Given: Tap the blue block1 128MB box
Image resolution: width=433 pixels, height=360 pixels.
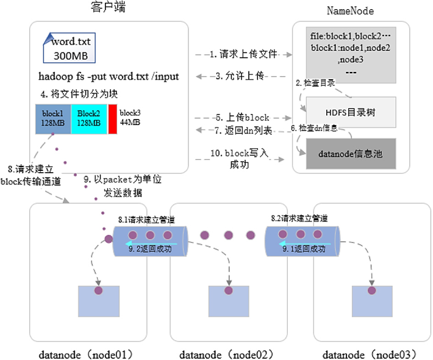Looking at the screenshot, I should tap(53, 119).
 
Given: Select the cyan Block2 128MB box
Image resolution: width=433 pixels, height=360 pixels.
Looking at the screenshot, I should tap(88, 119).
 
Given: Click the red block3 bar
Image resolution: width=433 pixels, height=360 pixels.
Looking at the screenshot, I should tap(112, 119).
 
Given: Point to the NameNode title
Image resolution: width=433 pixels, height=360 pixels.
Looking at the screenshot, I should tap(351, 11).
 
